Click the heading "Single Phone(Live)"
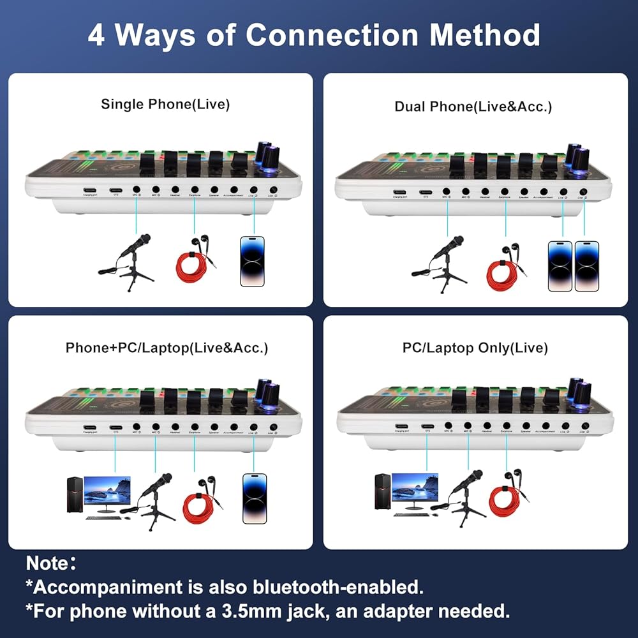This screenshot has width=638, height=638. tap(165, 104)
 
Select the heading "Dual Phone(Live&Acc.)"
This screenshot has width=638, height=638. tap(473, 107)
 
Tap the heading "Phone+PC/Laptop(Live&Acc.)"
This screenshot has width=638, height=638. tap(167, 348)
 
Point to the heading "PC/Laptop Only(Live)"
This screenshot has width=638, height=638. tap(475, 348)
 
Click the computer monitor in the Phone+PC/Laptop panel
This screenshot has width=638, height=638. tap(107, 491)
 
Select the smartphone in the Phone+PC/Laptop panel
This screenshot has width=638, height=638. tap(253, 498)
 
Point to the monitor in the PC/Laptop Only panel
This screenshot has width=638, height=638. tap(415, 489)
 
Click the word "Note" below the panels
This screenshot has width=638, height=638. tap(47, 563)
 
